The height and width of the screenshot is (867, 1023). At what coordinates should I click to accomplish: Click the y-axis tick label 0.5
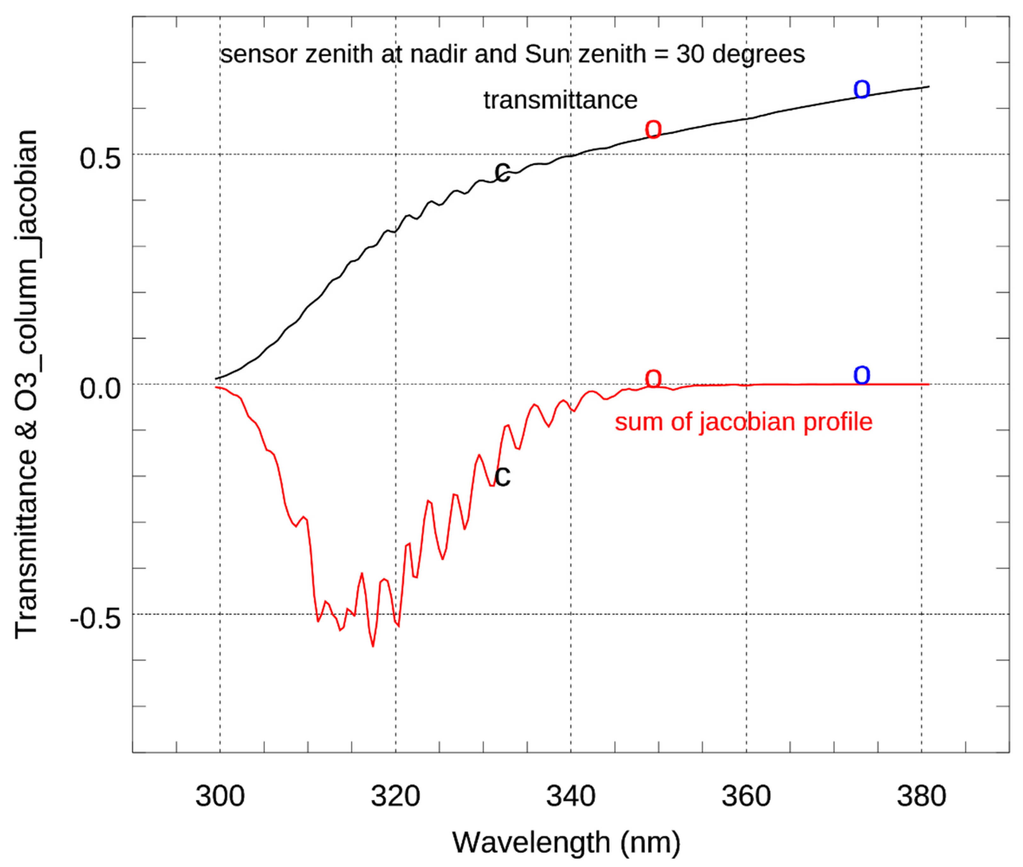[100, 159]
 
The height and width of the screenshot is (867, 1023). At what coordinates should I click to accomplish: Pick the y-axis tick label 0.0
[100, 389]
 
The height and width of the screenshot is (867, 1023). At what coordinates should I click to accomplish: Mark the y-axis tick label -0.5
[95, 619]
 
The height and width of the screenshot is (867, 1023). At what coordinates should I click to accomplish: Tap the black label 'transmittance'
[560, 100]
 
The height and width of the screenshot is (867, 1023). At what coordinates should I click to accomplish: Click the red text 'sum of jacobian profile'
[743, 422]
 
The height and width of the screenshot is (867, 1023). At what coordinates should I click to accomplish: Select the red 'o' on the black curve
[653, 130]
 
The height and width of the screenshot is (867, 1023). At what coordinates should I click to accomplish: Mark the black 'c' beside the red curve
[502, 476]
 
